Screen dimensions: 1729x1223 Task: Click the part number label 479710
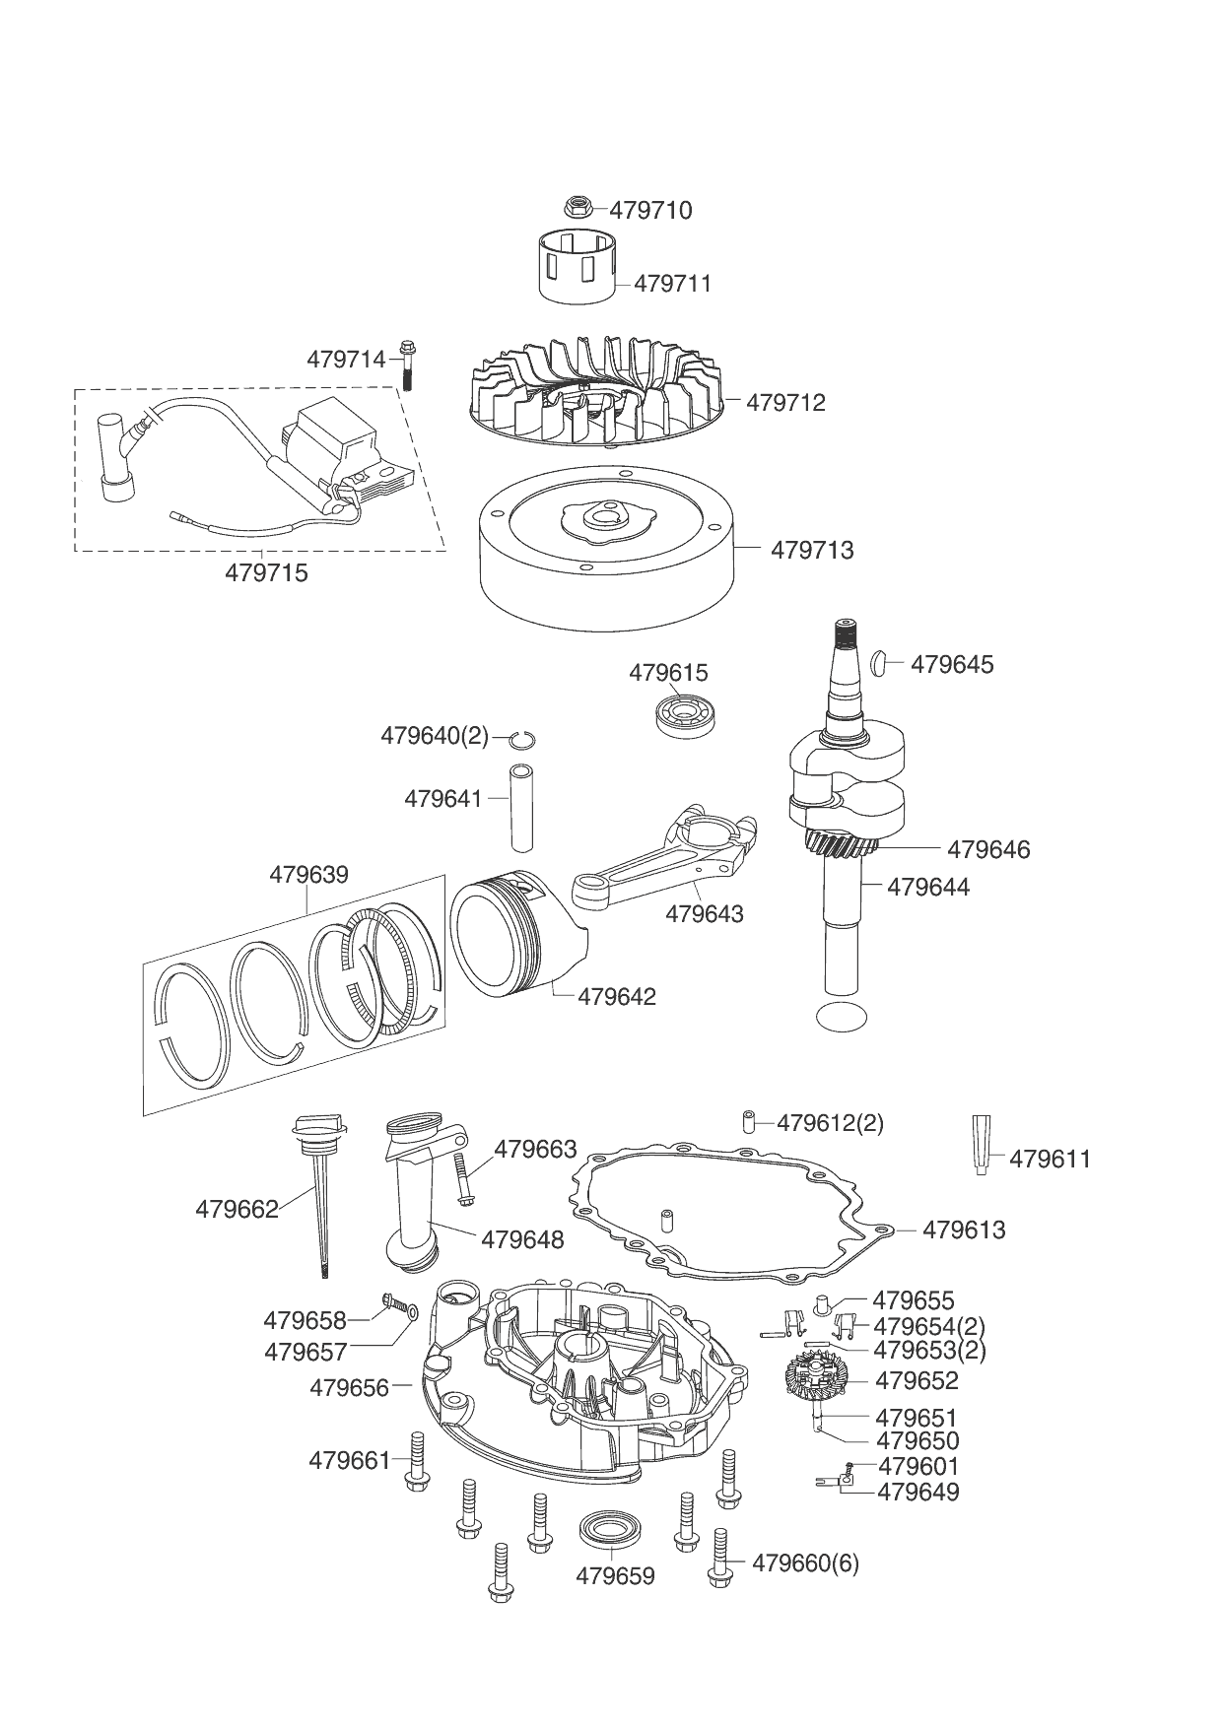click(x=650, y=210)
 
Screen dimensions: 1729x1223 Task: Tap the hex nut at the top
click(x=578, y=207)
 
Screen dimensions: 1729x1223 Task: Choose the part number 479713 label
click(x=812, y=549)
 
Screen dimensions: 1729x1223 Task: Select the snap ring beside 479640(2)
click(x=522, y=737)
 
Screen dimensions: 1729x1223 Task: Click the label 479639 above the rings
click(x=308, y=874)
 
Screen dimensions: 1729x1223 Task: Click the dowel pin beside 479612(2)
click(x=749, y=1121)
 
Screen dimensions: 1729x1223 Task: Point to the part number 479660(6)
click(x=805, y=1563)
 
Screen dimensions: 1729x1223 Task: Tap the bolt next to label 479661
click(x=414, y=1460)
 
